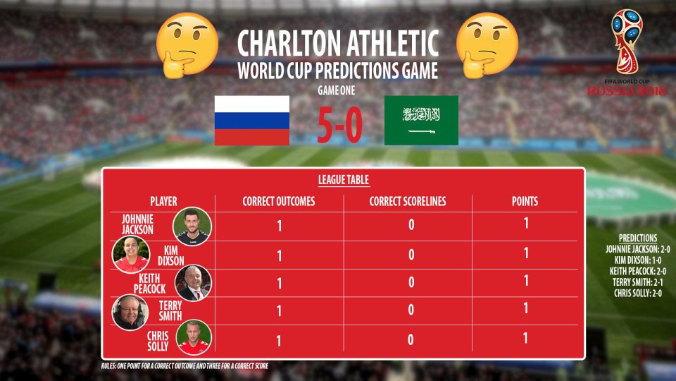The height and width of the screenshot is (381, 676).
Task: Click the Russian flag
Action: click(252, 121)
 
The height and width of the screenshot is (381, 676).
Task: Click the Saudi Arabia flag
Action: click(421, 121)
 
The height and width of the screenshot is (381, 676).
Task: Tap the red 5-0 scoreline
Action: click(339, 125)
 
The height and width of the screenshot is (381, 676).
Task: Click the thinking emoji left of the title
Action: click(187, 45)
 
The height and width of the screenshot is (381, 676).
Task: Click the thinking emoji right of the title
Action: click(487, 45)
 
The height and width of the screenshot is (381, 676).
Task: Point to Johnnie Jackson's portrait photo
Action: click(192, 226)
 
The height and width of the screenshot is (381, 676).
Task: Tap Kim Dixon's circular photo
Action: click(131, 255)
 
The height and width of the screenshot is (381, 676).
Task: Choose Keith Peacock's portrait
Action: click(193, 282)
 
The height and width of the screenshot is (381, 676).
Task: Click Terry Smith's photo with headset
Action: click(130, 312)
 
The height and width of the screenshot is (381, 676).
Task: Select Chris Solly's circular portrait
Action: click(194, 337)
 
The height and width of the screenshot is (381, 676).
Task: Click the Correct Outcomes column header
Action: click(279, 201)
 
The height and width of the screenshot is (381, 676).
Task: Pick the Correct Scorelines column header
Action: click(408, 201)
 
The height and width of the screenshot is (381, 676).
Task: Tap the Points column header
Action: click(525, 201)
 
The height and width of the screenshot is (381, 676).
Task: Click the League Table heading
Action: click(344, 180)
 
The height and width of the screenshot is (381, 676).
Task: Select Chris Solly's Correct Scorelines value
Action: click(411, 339)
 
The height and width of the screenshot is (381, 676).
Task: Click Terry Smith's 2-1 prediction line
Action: click(638, 282)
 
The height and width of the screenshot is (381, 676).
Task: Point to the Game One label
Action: click(337, 91)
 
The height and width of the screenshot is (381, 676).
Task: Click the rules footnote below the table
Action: click(184, 366)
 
